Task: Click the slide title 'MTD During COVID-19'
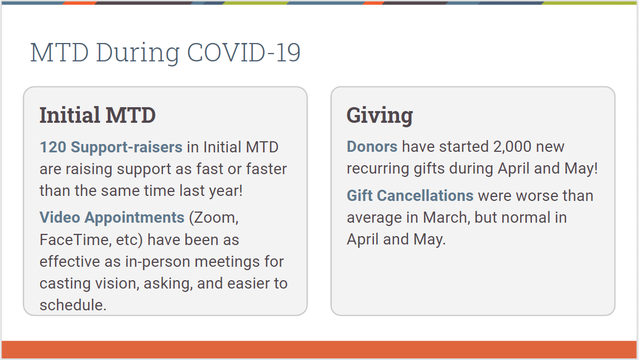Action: [165, 52]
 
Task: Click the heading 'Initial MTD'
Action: [98, 115]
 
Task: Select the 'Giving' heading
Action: [380, 116]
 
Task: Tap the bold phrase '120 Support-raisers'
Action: [111, 147]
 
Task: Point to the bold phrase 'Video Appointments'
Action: [112, 218]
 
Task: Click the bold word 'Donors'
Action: [372, 146]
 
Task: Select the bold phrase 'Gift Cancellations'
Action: [410, 196]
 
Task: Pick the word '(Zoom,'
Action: [214, 218]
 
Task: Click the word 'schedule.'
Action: [73, 305]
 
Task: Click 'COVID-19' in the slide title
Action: [244, 52]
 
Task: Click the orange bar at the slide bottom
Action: [319, 350]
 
